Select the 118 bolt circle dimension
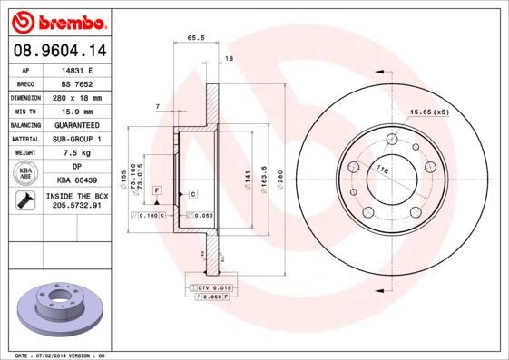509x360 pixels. tap(382, 170)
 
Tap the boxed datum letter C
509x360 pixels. tap(193, 193)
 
